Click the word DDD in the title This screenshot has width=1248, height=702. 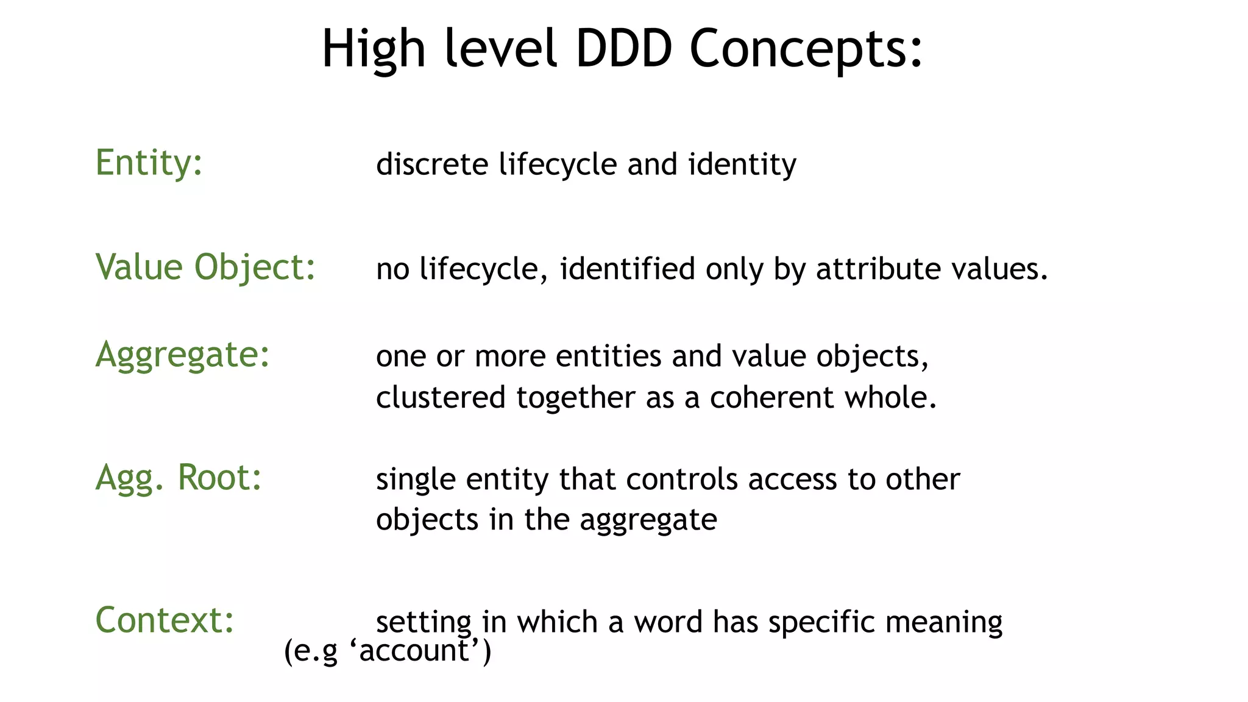[623, 49]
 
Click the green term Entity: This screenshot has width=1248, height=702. [149, 163]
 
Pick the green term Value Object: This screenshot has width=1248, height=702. [205, 268]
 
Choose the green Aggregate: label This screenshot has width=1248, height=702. [182, 355]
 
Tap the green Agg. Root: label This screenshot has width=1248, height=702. [179, 478]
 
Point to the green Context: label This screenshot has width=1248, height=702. [165, 620]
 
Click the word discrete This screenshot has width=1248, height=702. [432, 165]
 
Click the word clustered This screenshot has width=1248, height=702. [441, 398]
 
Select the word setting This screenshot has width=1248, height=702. [424, 623]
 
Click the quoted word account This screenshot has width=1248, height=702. [414, 651]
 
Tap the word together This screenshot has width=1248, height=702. [576, 398]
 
